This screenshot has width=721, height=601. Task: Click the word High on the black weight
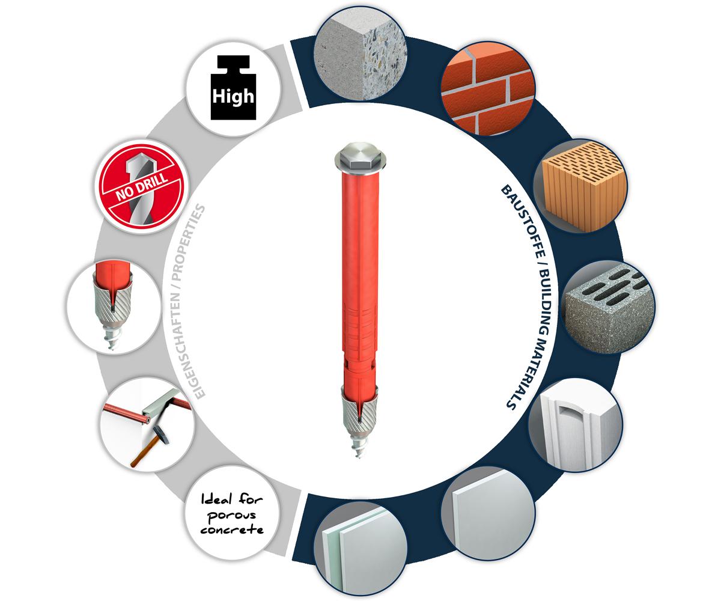233,96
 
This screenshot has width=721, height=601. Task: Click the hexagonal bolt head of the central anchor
360,158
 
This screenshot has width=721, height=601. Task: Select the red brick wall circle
488,88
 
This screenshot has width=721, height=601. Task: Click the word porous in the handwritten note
232,516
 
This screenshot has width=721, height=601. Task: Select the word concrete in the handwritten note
232,529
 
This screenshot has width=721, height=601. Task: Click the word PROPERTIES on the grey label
189,242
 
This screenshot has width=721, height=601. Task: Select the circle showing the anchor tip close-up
114,307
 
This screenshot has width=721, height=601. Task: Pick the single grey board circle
488,513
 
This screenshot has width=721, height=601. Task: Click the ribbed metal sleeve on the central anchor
359,412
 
